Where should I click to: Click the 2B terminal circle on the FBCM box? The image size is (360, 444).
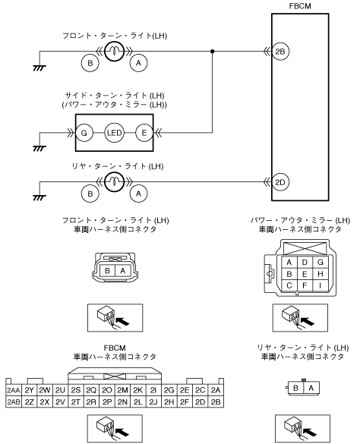tap(280, 52)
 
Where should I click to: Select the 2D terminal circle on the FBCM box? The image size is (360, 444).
tap(280, 182)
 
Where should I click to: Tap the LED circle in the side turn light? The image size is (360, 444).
tap(114, 133)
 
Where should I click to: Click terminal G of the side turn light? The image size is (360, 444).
tap(84, 133)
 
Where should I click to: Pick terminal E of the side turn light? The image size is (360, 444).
tap(144, 133)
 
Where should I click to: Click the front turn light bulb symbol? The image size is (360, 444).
tap(114, 52)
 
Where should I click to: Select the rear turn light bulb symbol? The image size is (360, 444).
tap(114, 182)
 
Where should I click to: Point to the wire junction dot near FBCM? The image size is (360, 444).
tap(213, 52)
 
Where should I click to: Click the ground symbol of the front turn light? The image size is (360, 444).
tap(39, 68)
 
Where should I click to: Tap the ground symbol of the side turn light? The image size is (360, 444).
tap(39, 148)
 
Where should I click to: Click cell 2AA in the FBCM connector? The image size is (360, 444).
tap(14, 390)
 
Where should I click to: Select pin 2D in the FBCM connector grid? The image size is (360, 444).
tap(200, 401)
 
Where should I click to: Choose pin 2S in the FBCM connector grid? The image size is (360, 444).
tap(76, 390)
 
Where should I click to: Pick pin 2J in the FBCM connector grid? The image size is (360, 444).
tap(153, 401)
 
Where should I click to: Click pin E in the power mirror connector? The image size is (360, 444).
tap(305, 274)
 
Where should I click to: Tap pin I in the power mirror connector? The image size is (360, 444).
tap(321, 285)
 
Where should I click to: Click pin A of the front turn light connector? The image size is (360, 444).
tap(123, 271)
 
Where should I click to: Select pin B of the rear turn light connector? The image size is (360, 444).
tap(296, 388)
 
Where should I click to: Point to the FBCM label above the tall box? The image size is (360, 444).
tap(300, 6)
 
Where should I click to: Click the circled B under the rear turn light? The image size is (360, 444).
tap(90, 194)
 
